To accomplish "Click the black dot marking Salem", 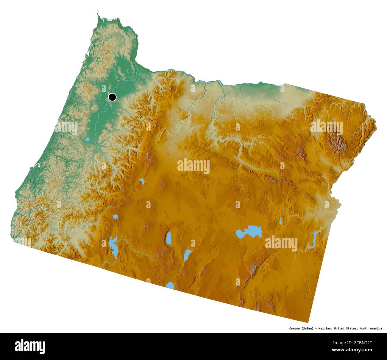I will coord(112,97).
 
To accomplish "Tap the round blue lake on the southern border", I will coord(170,285).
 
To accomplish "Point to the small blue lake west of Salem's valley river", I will coord(87,139).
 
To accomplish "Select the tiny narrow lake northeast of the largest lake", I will coord(280,221).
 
